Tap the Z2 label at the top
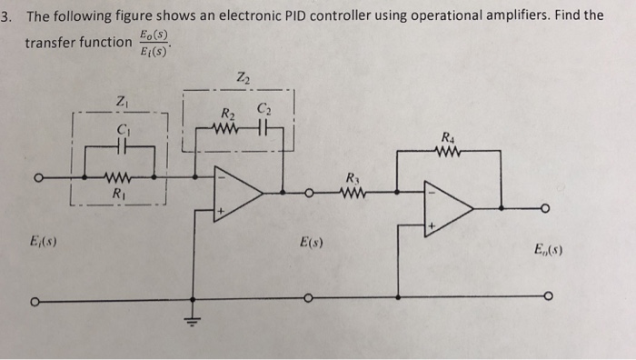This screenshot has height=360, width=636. point(241,77)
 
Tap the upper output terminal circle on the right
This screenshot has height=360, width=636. point(546,209)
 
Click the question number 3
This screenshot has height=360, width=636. point(8,16)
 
